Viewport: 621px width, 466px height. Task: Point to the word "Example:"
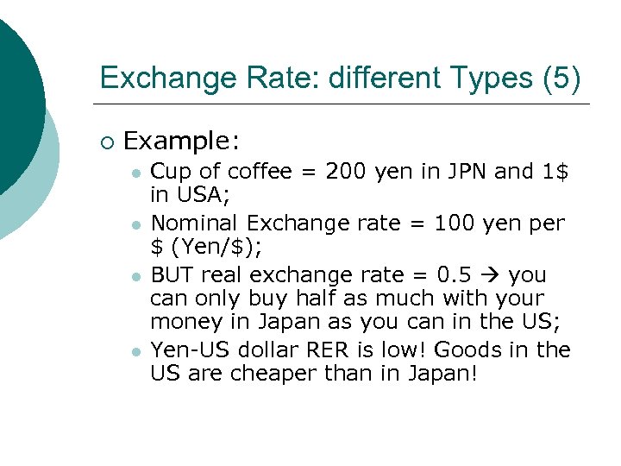(182, 141)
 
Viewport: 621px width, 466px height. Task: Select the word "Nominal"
(191, 224)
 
